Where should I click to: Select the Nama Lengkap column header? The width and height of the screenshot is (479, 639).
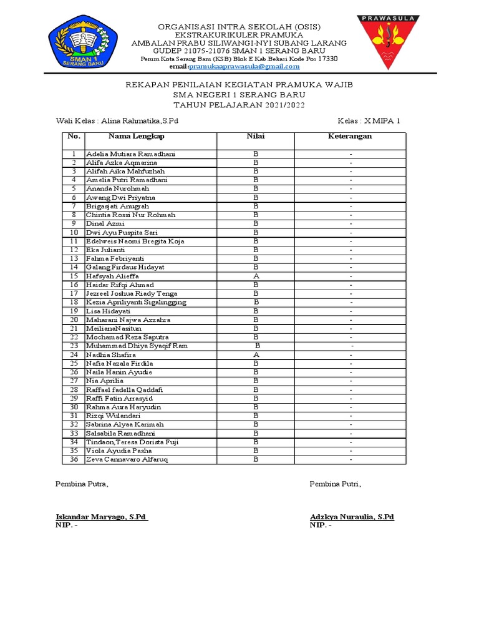pyautogui.click(x=137, y=136)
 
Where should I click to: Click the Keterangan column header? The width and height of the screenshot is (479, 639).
pyautogui.click(x=350, y=136)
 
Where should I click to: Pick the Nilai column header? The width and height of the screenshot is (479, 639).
pyautogui.click(x=256, y=136)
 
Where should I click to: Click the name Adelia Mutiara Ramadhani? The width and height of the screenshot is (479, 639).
pyautogui.click(x=131, y=154)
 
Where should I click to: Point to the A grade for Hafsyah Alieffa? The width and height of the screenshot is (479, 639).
pyautogui.click(x=256, y=276)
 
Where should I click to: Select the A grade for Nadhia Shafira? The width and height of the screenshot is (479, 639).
pyautogui.click(x=256, y=354)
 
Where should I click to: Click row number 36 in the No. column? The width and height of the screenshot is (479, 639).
pyautogui.click(x=74, y=459)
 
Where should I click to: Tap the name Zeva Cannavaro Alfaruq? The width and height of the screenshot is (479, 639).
pyautogui.click(x=127, y=459)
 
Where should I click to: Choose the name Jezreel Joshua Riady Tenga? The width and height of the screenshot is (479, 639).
pyautogui.click(x=131, y=293)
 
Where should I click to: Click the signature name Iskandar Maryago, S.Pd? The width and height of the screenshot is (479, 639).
pyautogui.click(x=100, y=517)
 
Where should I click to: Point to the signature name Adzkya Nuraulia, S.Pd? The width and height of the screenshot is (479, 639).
pyautogui.click(x=352, y=517)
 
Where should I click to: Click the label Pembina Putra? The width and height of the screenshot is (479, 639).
pyautogui.click(x=82, y=484)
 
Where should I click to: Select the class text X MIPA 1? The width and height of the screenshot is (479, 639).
pyautogui.click(x=382, y=120)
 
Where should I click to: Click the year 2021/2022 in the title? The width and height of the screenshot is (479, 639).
pyautogui.click(x=284, y=105)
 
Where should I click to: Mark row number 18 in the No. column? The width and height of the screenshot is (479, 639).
pyautogui.click(x=74, y=302)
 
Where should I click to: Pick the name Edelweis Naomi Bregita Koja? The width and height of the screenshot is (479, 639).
pyautogui.click(x=135, y=241)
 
